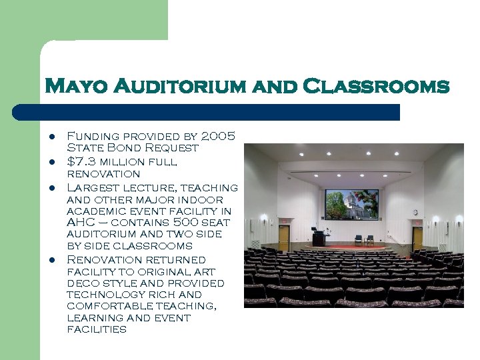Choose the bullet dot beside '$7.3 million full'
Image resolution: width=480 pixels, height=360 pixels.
tap(51, 162)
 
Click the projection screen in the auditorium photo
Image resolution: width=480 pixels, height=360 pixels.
tap(351, 205)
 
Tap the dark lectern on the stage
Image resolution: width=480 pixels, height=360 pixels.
tap(319, 239)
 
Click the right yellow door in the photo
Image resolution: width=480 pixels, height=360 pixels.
tap(417, 238)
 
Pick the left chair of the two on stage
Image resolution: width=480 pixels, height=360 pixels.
tap(359, 239)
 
